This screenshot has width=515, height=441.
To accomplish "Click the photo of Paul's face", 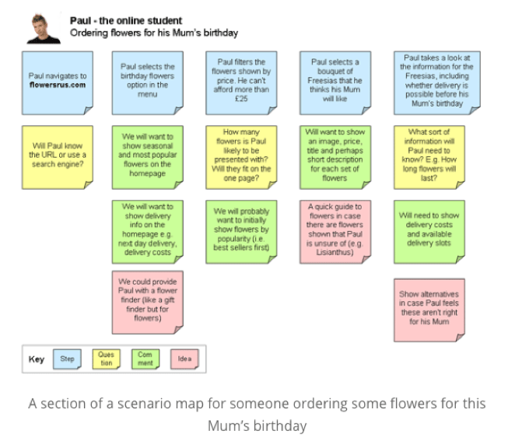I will [44, 28].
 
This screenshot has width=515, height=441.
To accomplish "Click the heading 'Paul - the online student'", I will [126, 20].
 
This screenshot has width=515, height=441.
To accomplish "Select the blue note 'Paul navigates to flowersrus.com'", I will [58, 79].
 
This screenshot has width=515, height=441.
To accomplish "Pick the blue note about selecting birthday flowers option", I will [148, 80].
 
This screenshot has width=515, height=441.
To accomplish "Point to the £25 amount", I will [241, 99].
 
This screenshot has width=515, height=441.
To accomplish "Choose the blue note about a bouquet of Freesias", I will [335, 80].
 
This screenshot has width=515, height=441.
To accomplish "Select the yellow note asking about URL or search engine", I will [58, 156].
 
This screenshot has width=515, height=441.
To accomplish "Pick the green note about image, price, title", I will [335, 155].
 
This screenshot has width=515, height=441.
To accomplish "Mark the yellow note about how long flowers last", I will [429, 155].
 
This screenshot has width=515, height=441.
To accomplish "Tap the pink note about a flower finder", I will [148, 299].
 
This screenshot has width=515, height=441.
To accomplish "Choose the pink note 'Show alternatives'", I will [429, 307].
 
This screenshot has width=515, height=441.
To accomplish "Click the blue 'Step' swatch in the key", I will [67, 359].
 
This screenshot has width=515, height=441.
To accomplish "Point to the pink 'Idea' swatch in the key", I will [184, 359].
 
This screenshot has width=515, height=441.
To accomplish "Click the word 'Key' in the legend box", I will [37, 360].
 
